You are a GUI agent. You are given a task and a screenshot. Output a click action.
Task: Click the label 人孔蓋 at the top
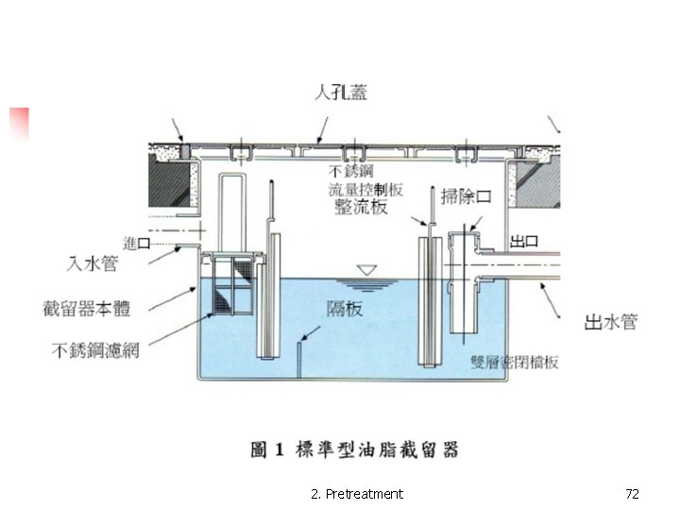(341, 92)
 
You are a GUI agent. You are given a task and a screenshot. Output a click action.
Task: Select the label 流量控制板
(365, 189)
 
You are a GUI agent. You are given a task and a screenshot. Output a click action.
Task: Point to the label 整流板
(361, 207)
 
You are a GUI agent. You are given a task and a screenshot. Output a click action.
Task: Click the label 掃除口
(468, 196)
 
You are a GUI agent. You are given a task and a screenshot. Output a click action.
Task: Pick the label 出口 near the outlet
(524, 241)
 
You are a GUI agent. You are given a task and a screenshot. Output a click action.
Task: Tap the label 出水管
(610, 323)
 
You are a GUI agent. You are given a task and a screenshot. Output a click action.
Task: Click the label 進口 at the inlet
(138, 244)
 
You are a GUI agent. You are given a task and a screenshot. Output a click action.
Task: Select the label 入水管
(92, 263)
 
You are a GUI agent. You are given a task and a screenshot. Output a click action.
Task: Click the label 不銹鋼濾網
(95, 350)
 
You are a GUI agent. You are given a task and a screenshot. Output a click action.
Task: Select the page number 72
(633, 494)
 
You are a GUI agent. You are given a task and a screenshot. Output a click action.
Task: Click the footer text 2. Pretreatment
(356, 494)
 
